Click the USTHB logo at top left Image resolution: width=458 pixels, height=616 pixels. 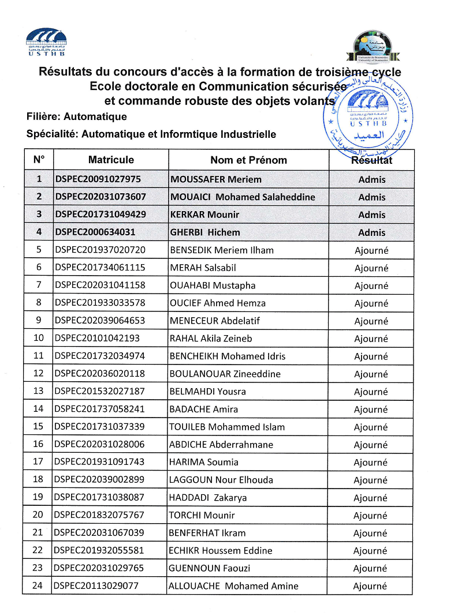click(x=46, y=42)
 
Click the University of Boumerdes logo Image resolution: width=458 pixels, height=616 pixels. click(x=373, y=47)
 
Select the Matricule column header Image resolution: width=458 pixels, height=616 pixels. click(x=111, y=160)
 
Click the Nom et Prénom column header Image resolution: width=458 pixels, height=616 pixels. click(x=248, y=160)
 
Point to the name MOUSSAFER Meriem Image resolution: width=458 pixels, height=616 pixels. click(x=216, y=179)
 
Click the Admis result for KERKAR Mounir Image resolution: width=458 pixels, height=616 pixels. click(x=371, y=215)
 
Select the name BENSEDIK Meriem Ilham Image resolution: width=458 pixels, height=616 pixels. click(x=222, y=250)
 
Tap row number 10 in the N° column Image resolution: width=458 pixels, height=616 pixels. click(x=39, y=339)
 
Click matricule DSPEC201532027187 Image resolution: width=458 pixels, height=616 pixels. click(x=99, y=392)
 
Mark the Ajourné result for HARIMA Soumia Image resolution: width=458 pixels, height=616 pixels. click(x=371, y=463)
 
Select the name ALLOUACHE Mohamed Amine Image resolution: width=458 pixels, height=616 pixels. click(x=233, y=587)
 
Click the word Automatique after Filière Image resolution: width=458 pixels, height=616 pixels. click(x=95, y=117)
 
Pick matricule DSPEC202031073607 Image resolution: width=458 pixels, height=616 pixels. click(x=100, y=197)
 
